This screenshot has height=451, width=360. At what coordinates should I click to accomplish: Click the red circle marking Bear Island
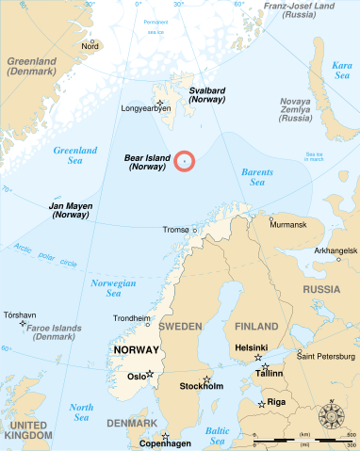[184, 161]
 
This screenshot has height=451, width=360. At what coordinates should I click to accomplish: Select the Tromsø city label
[176, 229]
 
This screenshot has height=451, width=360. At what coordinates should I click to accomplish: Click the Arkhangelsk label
[335, 250]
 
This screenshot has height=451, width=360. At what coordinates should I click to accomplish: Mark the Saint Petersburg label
[324, 356]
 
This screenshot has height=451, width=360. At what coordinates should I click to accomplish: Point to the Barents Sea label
[255, 176]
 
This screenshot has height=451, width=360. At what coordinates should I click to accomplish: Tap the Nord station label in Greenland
[90, 45]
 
